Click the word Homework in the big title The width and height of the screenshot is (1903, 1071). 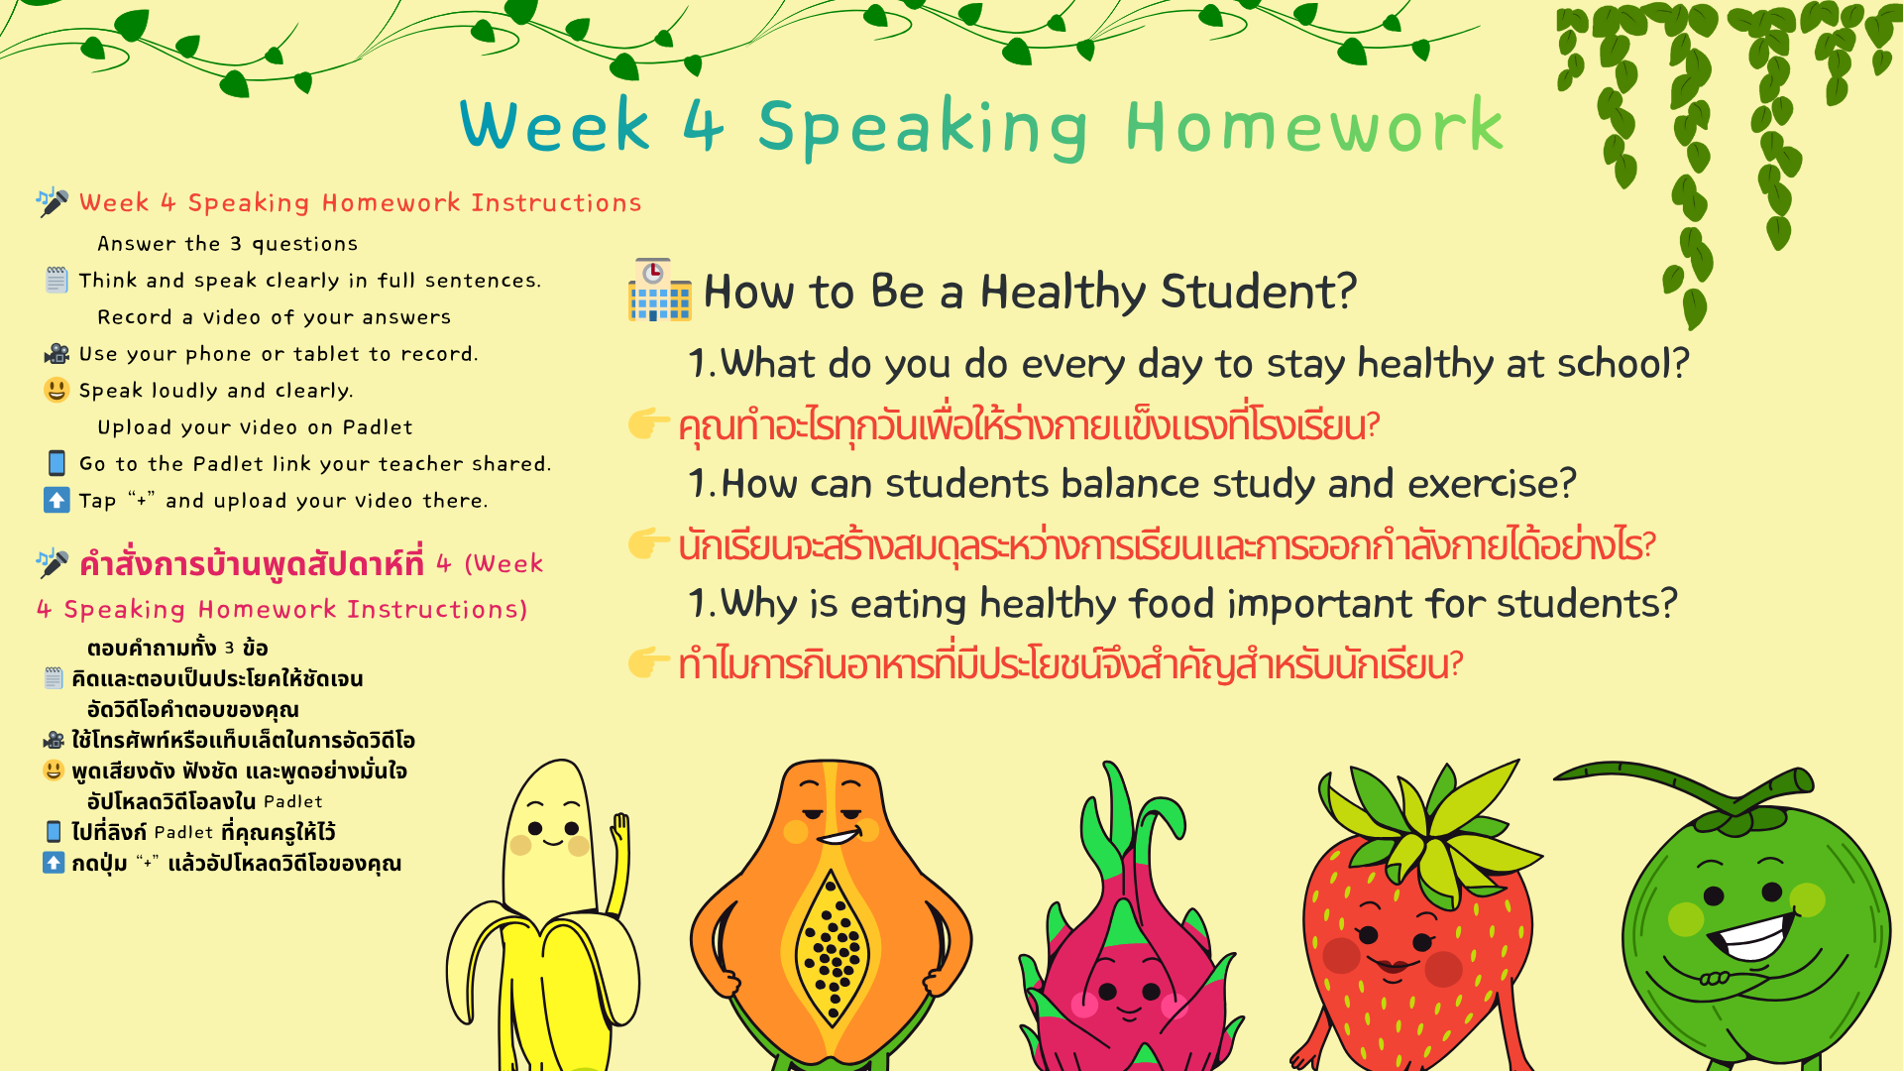coord(1314,126)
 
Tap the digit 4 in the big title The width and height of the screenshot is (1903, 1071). coord(704,126)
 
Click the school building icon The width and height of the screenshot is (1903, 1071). coord(659,290)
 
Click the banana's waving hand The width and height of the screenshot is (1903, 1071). coord(621,828)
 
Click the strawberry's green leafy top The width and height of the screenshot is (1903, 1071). coord(1427,823)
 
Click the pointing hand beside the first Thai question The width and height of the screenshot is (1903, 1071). coord(649,423)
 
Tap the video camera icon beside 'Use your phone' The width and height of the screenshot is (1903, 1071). coord(56,354)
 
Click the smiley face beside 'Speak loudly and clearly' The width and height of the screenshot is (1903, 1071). coord(56,390)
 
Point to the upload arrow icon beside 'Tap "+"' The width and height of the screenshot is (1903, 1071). coord(56,500)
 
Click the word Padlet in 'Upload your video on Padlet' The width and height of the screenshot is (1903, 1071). coord(378,427)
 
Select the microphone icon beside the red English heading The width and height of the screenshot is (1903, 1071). coord(52,201)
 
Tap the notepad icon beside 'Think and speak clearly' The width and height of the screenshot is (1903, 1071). coord(56,280)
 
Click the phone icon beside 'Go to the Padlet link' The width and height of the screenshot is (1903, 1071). coord(56,463)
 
